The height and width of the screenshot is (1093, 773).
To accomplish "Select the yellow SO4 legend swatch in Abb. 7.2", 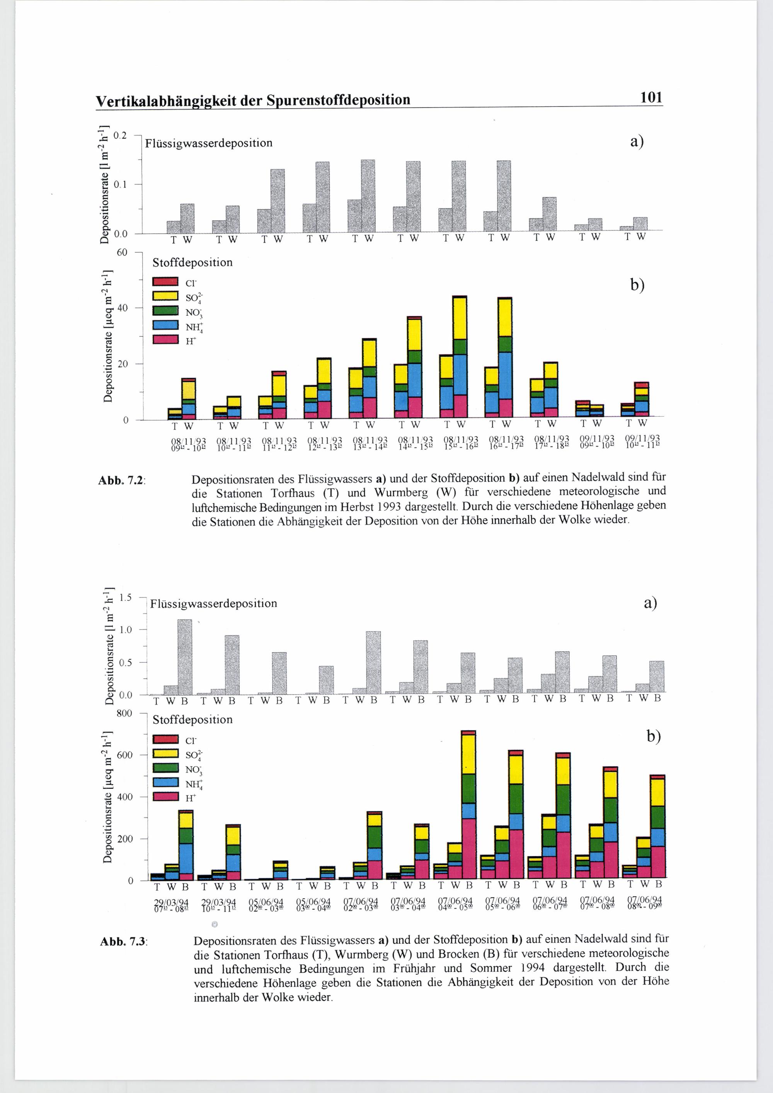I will point(165,296).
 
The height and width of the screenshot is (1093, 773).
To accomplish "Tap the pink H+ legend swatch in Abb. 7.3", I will point(165,797).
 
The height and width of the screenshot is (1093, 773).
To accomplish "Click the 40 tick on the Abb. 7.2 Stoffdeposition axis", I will point(123,308).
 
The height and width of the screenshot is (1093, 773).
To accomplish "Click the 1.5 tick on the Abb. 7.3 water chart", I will point(125,598).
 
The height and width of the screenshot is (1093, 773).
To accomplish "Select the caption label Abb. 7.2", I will point(121,480).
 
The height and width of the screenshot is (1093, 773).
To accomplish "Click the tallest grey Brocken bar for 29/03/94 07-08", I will point(185,657).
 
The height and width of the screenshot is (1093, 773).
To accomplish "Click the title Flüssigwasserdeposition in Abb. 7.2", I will point(208,143).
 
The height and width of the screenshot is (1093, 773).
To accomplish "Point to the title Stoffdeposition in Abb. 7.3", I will point(192,719).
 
